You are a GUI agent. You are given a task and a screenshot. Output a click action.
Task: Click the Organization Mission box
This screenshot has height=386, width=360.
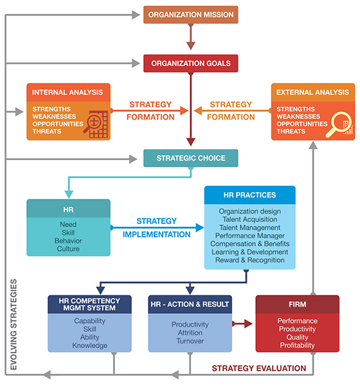(191, 15)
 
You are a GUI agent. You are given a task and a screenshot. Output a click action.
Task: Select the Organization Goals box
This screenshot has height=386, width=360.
(191, 63)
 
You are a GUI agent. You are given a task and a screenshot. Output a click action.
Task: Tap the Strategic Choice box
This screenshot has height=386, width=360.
(191, 158)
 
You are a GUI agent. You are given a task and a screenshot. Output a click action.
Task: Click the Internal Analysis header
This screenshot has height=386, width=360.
(68, 92)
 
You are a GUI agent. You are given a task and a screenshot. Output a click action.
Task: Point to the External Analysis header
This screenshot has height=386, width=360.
(313, 92)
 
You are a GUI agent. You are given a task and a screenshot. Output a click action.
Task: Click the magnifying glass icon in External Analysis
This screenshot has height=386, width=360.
(339, 125)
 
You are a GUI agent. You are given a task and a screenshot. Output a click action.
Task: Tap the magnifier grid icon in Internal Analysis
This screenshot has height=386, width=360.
(96, 124)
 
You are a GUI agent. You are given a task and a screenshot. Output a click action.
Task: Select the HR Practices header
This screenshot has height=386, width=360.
(250, 195)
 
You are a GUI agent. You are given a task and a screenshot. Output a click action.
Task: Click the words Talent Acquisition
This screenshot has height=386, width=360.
(250, 219)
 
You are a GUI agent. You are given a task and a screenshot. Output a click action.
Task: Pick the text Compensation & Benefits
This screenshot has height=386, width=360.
(250, 244)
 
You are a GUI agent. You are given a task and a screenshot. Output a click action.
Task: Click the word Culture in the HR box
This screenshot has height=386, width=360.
(68, 249)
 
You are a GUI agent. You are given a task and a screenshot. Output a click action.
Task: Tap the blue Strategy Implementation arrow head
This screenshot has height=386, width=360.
(199, 228)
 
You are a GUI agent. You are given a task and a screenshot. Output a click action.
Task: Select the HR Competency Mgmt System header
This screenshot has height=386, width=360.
(89, 304)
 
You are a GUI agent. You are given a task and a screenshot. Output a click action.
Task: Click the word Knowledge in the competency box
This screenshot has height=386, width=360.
(90, 345)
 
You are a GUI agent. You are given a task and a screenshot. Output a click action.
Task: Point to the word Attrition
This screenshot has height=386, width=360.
(190, 333)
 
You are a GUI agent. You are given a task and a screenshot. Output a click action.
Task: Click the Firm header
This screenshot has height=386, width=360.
(298, 304)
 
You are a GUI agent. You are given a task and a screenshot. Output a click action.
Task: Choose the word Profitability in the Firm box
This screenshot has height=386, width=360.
(298, 345)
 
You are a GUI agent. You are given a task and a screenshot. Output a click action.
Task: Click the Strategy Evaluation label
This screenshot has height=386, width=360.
(259, 368)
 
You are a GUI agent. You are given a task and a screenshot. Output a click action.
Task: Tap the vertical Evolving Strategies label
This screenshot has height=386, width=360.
(14, 324)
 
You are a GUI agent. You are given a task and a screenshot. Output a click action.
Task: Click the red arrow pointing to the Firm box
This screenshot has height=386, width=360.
(242, 324)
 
